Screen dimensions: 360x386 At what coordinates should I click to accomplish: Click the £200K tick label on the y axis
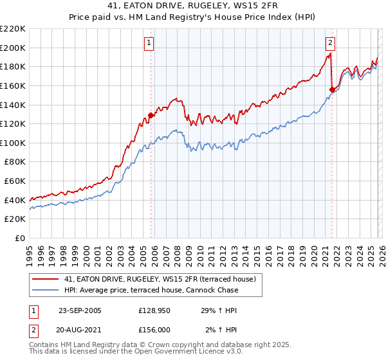(13, 48)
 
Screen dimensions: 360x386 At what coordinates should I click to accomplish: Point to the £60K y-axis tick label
(15, 181)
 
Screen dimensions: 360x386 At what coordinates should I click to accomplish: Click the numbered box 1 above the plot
(149, 43)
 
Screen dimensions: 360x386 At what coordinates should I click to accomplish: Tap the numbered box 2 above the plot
(330, 43)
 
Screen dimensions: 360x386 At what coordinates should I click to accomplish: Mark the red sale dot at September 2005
(151, 116)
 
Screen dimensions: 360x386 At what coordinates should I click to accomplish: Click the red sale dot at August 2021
(332, 89)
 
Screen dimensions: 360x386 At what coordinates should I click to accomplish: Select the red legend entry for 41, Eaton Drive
(160, 279)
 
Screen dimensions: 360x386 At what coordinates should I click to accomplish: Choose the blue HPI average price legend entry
(151, 290)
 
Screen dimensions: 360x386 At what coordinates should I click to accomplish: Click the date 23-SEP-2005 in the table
(80, 310)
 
